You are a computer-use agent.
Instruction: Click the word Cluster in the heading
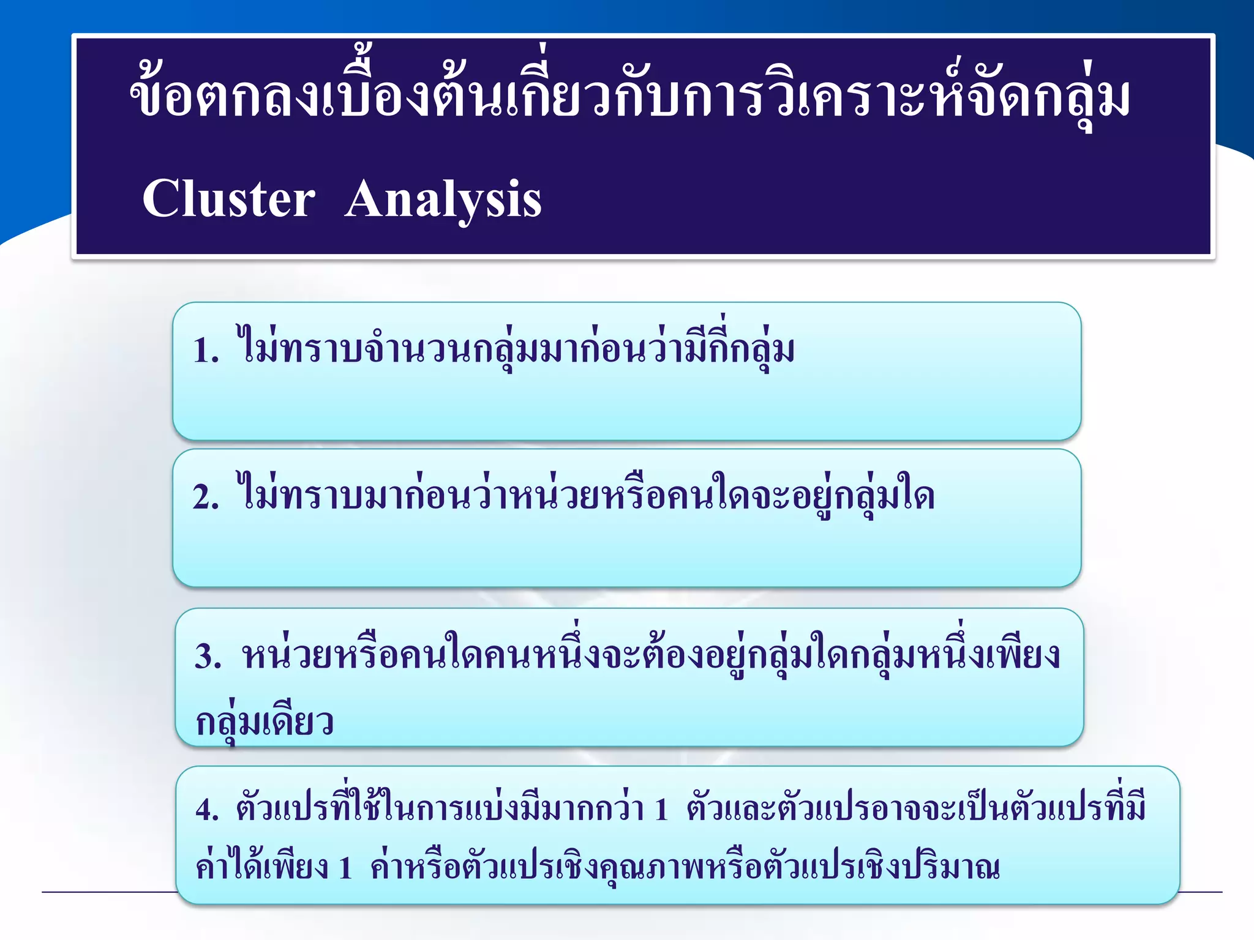pos(228,199)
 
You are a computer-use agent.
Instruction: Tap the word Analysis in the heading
pos(443,200)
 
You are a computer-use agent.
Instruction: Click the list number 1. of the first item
pos(206,351)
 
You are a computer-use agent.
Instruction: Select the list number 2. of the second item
pos(206,497)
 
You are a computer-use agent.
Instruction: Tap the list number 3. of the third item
pos(208,657)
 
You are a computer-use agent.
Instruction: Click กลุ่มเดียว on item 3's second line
pos(265,722)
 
